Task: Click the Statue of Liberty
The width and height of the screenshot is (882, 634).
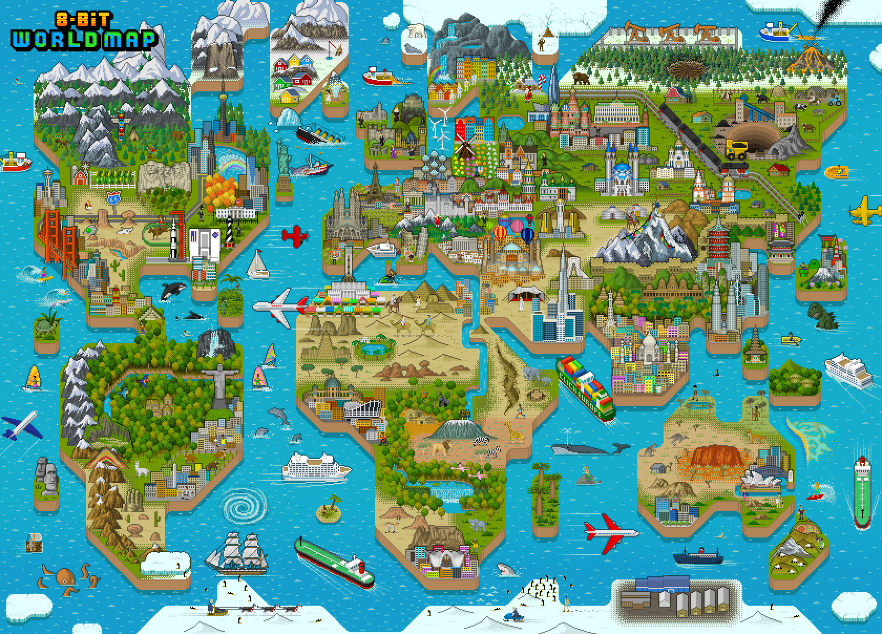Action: click(x=283, y=157)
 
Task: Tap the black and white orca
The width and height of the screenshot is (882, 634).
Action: click(x=172, y=290)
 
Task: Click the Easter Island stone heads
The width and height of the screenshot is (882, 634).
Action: click(x=46, y=475)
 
